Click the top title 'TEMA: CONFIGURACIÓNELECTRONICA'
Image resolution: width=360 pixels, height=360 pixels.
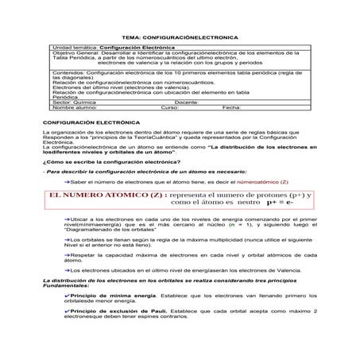tap(179, 37)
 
